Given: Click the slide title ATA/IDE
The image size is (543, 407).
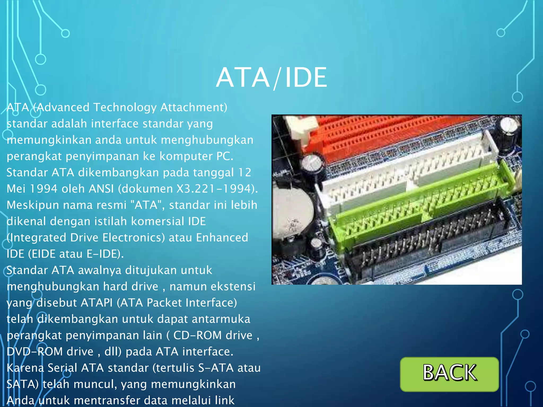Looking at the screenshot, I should click(x=271, y=77).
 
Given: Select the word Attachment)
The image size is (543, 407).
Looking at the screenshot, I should click(x=194, y=108).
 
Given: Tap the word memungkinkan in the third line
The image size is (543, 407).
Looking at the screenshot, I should click(x=49, y=140).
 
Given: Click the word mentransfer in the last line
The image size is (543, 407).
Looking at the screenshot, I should click(x=109, y=400).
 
